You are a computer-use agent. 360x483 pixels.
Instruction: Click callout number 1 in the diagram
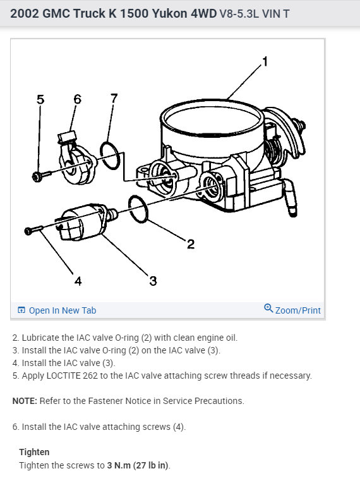[265, 61]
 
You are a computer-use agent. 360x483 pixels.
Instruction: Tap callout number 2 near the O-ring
[191, 244]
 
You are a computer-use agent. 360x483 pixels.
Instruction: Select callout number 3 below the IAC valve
[153, 281]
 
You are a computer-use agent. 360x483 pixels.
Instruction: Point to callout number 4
[78, 281]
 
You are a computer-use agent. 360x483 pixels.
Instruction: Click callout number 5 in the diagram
[40, 99]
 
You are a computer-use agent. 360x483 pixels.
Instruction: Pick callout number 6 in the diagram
[78, 99]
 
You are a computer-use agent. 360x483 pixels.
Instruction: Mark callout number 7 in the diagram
[114, 98]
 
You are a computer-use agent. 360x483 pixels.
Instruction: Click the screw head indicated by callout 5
[37, 176]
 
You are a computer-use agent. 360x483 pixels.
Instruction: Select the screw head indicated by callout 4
[28, 231]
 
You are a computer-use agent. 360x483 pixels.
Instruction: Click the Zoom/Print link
[298, 310]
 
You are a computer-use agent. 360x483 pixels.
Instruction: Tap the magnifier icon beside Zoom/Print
[268, 308]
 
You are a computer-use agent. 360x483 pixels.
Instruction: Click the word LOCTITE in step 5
[63, 376]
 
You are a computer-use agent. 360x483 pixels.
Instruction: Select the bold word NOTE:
[25, 401]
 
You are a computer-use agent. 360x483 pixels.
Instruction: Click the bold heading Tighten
[34, 452]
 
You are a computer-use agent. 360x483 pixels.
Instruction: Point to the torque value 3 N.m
[119, 465]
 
